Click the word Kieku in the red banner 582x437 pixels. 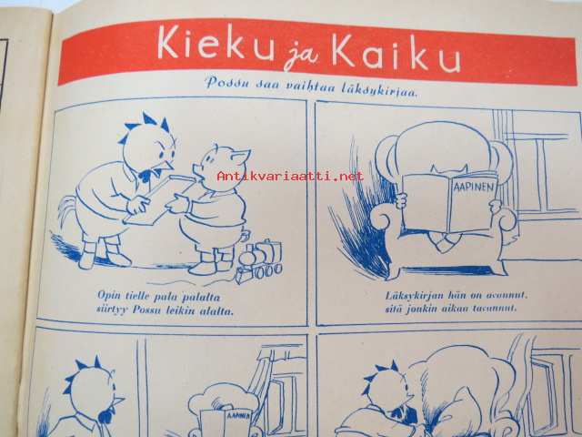coord(215,43)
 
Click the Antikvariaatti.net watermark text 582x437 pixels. coord(290,176)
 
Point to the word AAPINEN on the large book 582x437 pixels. coord(475,186)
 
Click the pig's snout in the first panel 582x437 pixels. coord(196,169)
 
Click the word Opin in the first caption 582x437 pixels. coord(109,295)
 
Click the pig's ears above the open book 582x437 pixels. coord(448,170)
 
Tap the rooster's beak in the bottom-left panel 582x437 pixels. coord(118,401)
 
